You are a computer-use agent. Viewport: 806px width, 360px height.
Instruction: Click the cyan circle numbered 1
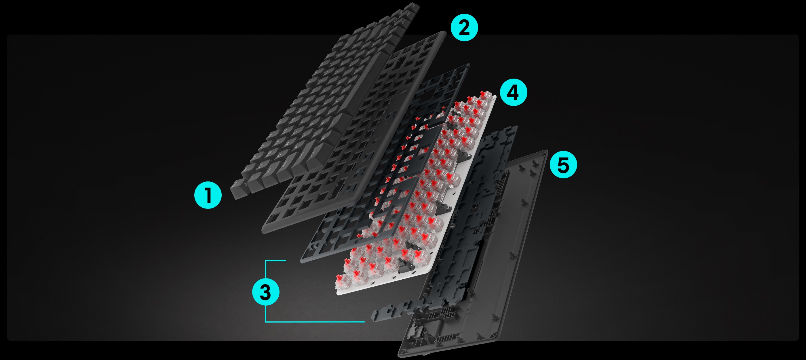point(208,195)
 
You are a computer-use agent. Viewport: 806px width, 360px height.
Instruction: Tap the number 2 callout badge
point(464,27)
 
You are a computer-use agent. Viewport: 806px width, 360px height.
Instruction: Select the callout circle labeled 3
point(266,292)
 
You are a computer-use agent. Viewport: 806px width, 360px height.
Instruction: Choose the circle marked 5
point(563,165)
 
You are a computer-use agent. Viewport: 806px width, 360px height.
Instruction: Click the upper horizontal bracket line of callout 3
point(276,260)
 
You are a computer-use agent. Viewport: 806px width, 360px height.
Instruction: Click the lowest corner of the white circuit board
point(338,294)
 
